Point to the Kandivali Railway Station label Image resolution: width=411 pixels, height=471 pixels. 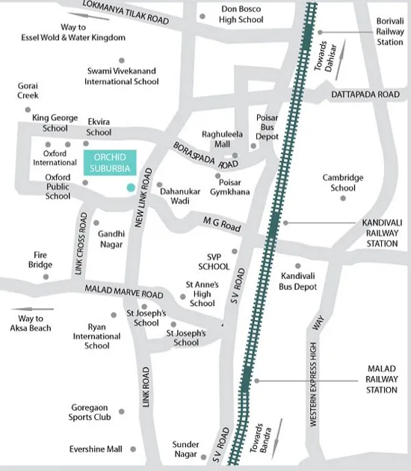point(380,233)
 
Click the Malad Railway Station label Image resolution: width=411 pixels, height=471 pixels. point(382,379)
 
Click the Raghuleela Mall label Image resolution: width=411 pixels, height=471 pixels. point(223,139)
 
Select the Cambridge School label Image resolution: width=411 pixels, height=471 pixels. point(343,182)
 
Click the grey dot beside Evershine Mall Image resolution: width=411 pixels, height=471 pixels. point(133,449)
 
